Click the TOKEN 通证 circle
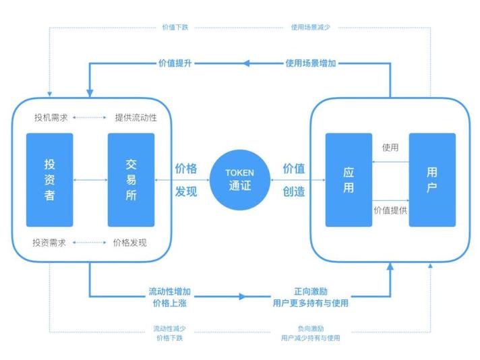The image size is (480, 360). click(x=240, y=180)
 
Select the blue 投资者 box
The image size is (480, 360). click(x=50, y=180)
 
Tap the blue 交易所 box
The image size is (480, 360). click(x=131, y=180)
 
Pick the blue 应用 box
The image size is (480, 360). click(x=349, y=180)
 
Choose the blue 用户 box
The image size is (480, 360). click(x=432, y=180)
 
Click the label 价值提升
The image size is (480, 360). click(x=175, y=63)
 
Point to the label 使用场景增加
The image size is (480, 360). click(x=311, y=63)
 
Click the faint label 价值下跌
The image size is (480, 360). click(x=175, y=27)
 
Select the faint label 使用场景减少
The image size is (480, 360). click(x=310, y=27)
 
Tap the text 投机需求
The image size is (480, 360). click(x=51, y=117)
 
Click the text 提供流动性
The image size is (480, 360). click(x=136, y=117)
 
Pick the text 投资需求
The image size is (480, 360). click(x=49, y=243)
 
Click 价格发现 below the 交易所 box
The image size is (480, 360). click(x=130, y=243)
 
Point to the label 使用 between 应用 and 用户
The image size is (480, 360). click(x=390, y=148)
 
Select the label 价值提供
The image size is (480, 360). click(x=390, y=210)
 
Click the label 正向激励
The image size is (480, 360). click(x=311, y=291)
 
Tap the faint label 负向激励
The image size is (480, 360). click(x=311, y=328)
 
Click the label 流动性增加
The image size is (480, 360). click(x=170, y=291)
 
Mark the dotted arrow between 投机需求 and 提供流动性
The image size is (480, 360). click(x=90, y=117)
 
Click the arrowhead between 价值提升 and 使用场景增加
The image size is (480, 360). click(x=247, y=63)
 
